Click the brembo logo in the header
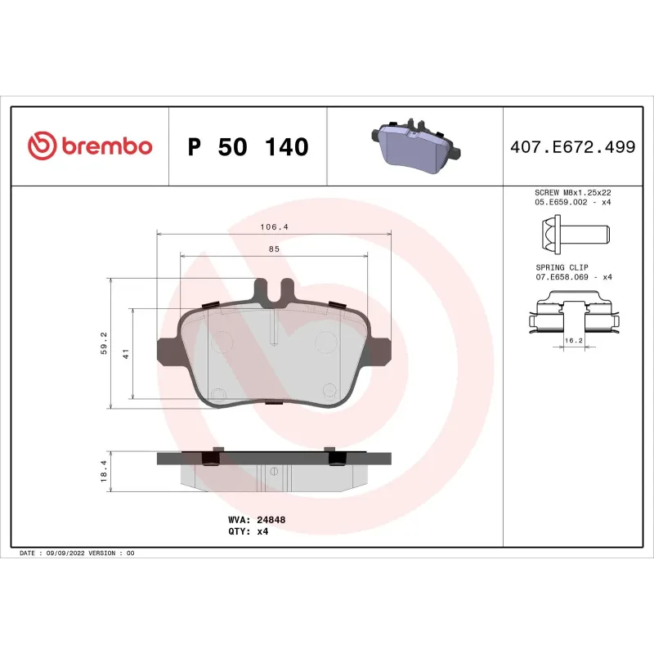tap(90, 146)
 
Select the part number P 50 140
tap(248, 147)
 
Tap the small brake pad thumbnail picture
tap(416, 146)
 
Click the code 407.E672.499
tap(572, 147)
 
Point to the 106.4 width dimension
tap(274, 226)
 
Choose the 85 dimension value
tap(274, 249)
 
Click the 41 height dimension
tap(126, 354)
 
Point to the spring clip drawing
tap(572, 315)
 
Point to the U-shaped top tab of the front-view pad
tap(274, 289)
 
